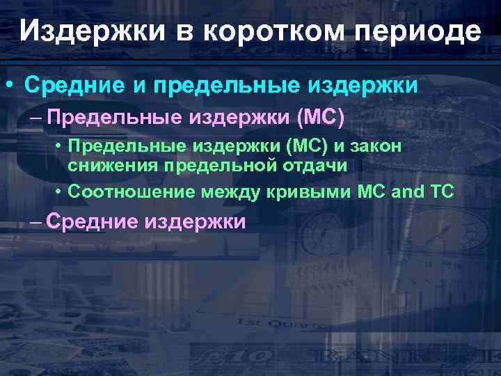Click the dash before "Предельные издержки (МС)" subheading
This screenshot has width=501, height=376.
36,118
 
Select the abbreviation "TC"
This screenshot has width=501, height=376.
443,190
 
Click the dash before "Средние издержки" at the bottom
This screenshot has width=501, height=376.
36,221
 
